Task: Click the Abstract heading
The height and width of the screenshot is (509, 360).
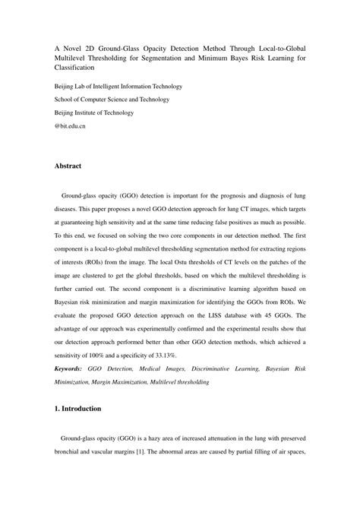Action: tap(68, 165)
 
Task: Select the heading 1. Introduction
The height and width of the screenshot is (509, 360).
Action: tap(77, 409)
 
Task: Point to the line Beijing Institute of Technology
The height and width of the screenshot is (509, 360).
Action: tap(96, 112)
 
